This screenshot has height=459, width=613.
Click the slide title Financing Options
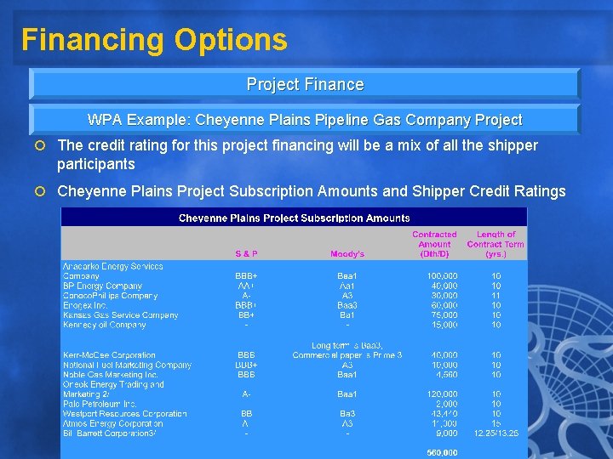154,40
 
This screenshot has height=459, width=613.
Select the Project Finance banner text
305,84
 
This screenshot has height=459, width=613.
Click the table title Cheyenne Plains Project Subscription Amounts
294,218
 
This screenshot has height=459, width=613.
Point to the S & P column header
247,253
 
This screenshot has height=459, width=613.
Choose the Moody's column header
347,253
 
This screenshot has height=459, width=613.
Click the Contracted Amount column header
434,244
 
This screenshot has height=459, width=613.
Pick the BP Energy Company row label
102,286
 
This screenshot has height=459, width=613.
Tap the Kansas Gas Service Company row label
120,315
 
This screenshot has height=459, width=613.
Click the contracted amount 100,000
442,276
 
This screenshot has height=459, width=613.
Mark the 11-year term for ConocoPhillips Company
496,296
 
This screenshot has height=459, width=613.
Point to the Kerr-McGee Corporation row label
109,354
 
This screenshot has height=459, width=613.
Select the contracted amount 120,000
442,394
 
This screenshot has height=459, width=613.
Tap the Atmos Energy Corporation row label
112,422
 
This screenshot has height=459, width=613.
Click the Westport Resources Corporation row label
124,413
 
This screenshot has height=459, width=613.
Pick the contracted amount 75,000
444,315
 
